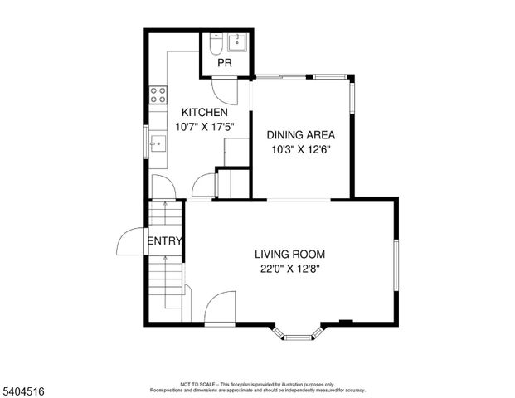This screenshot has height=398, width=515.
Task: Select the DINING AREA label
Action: (x=300, y=135)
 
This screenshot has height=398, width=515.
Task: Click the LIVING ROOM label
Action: (x=289, y=254)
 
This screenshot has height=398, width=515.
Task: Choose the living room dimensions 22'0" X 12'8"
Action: (x=289, y=268)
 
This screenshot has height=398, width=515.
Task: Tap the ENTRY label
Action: (x=165, y=241)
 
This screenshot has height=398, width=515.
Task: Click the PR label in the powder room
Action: (x=224, y=63)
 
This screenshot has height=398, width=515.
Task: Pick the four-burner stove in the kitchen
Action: (x=157, y=95)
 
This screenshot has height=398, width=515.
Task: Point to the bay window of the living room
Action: (x=296, y=332)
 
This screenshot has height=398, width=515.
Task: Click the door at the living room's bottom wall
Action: (x=219, y=308)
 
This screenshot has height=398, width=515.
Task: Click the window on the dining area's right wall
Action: (x=352, y=99)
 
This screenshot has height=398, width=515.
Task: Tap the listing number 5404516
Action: (x=24, y=387)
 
